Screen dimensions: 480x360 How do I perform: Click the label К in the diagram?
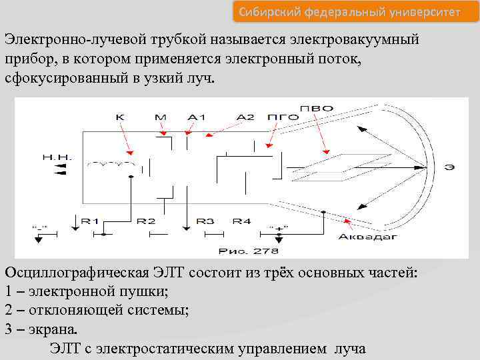point(121,117)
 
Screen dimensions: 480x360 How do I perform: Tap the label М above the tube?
point(160,117)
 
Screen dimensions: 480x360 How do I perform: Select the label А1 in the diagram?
point(196,117)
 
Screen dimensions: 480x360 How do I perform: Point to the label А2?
point(245,117)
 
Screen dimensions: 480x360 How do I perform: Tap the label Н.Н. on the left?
point(57,158)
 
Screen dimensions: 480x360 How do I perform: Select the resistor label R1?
point(90,221)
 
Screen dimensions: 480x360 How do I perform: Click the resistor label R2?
point(146,221)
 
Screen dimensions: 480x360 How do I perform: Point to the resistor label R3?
point(205,221)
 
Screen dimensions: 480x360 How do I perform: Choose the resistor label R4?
point(241,221)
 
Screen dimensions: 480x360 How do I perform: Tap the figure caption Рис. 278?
point(249,251)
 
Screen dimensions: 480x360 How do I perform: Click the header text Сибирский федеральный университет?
point(349,11)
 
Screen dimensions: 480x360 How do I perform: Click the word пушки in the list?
point(144,292)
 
